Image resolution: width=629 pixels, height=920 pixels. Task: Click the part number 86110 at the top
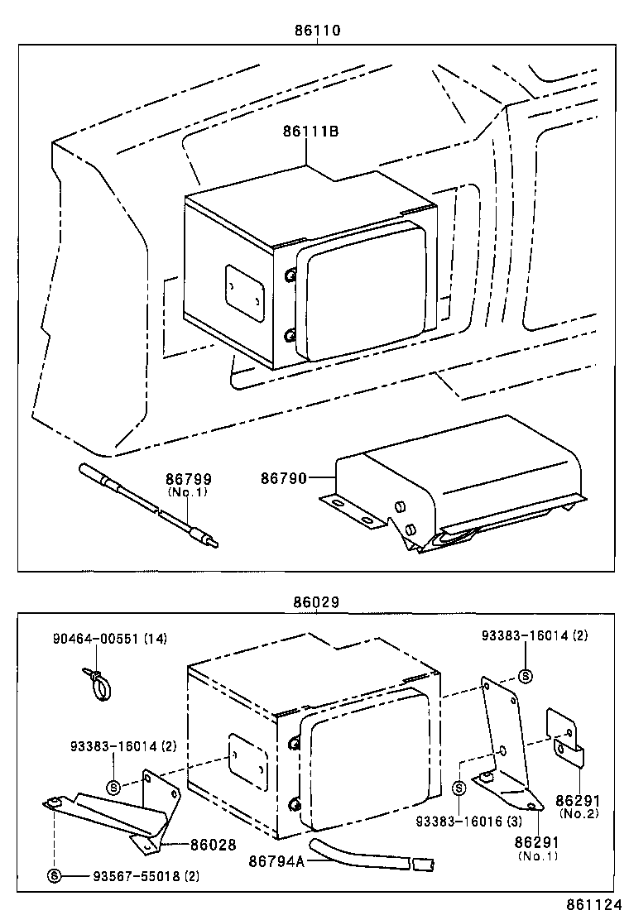317,30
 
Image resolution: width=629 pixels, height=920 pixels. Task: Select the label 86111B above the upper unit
310,132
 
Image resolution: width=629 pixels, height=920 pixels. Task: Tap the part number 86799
188,479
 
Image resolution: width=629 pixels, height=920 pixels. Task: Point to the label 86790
284,478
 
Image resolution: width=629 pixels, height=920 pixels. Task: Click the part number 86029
316,604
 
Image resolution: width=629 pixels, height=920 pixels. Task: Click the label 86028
214,845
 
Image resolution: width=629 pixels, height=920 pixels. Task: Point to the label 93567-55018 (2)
135,875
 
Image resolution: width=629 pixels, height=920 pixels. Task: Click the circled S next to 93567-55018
54,875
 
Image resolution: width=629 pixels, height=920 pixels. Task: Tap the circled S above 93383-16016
459,788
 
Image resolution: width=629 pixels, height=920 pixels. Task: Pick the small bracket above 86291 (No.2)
567,736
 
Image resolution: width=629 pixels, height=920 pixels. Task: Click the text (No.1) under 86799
188,491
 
